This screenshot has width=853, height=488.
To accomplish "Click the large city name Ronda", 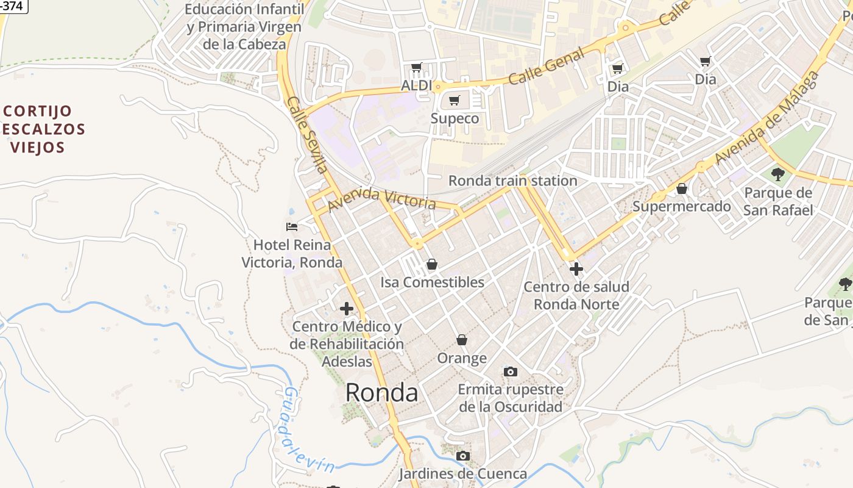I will point(381,393).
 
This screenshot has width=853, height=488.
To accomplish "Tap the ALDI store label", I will point(417,85).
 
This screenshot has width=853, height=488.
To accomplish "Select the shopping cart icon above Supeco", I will point(454,101).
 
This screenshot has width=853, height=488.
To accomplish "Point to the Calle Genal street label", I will point(546,66).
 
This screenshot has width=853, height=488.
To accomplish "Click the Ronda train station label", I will point(512,181).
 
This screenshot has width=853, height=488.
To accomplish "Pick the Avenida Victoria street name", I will point(382,199).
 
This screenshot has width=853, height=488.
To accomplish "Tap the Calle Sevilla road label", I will point(308,135).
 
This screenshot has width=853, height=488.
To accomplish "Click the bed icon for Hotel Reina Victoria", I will point(292,227).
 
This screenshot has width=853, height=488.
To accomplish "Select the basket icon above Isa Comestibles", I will point(432,264).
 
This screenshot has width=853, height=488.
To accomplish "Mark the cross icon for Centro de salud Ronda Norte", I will point(576,268).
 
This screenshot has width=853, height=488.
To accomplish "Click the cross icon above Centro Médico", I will point(347,309).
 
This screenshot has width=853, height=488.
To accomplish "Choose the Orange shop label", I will point(462,358).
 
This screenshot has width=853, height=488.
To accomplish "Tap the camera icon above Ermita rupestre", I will point(511,371).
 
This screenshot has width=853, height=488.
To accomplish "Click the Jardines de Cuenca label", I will point(463,474).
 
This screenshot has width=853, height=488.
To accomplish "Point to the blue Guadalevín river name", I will point(308,431).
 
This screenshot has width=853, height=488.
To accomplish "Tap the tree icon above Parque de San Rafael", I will point(778,174).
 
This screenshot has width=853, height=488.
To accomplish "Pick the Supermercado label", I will point(681,206).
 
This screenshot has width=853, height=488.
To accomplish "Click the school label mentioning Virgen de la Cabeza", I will point(244,27).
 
